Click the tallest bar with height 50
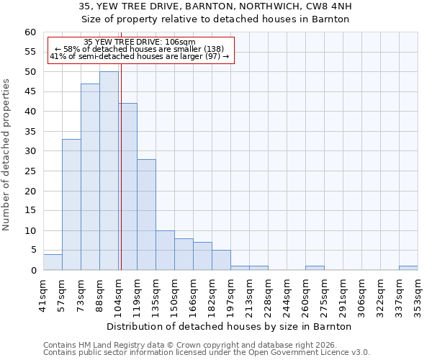(109, 171)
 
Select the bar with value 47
(90, 176)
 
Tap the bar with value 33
(71, 204)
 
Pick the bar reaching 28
(146, 215)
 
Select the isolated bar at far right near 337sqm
(408, 268)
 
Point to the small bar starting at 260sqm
(315, 268)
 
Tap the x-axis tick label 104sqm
(118, 293)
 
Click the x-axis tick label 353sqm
(418, 293)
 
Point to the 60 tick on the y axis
(30, 32)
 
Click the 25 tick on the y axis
(30, 171)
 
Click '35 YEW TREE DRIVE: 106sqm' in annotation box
(140, 42)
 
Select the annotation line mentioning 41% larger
(140, 56)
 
